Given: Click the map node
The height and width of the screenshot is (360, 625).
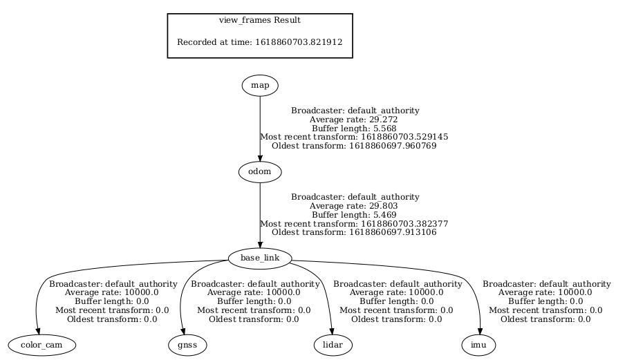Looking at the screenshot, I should click(260, 86).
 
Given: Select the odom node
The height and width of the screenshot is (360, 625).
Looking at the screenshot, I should click(259, 171).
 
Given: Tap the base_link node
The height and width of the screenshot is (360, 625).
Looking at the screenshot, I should click(259, 258).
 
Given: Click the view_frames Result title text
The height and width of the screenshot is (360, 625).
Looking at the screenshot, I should click(260, 21).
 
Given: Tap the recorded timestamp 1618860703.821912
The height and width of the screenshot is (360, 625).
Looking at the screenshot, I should click(299, 42).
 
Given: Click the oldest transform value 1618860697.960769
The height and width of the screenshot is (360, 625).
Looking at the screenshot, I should click(393, 146).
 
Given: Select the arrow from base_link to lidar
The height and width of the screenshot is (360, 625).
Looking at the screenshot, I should click(327, 290).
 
